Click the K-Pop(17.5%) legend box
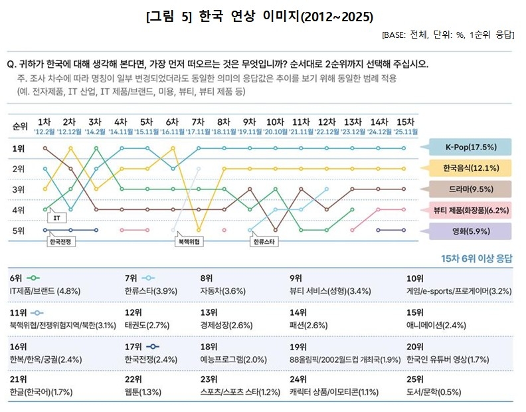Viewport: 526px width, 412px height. click(470, 147)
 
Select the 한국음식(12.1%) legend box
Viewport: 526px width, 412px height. click(470, 167)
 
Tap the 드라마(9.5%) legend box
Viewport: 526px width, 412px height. click(470, 189)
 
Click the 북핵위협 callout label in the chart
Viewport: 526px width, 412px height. click(189, 242)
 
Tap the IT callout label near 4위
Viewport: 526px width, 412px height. click(56, 217)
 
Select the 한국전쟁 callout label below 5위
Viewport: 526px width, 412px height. click(62, 242)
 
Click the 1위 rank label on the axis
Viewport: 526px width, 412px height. click(19, 148)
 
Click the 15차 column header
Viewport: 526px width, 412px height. click(404, 122)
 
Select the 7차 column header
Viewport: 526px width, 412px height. click(197, 122)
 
